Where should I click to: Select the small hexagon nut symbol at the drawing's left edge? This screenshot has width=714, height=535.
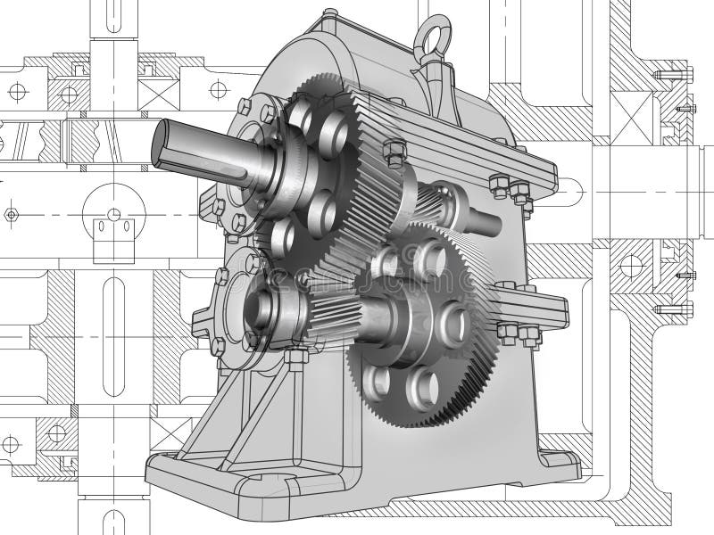(x=11, y=214)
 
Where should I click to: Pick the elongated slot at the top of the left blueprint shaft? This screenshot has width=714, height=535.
(x=117, y=18)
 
